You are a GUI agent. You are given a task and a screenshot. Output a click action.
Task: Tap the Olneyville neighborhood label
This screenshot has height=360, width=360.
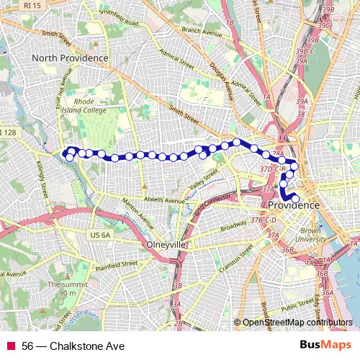point(166,245)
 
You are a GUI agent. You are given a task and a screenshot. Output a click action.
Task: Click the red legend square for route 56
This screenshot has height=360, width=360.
point(10,346)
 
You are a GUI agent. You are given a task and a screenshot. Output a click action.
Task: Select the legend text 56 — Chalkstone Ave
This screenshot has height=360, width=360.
point(73,346)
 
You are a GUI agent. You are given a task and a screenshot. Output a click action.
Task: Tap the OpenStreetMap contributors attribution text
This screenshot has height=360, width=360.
point(297,323)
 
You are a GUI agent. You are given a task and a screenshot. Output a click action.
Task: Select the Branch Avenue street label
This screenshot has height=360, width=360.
point(202,31)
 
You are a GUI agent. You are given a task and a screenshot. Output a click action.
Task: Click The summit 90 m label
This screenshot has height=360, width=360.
point(62,289)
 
